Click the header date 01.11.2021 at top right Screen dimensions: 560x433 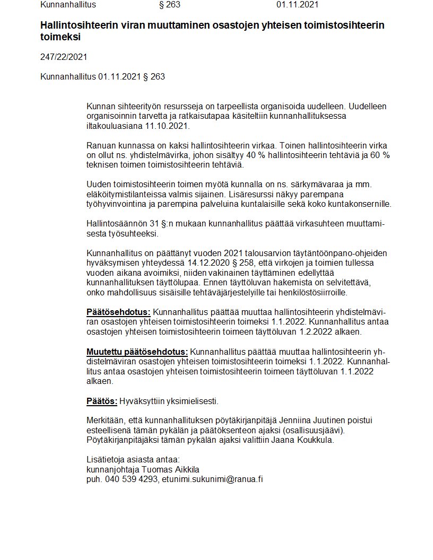pos(297,5)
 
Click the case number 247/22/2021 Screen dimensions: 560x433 pos(64,57)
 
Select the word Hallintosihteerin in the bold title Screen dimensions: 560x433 pos(75,25)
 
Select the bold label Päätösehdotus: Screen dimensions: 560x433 pos(118,312)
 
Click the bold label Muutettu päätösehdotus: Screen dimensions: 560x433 pos(137,352)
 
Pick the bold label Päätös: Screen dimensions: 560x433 pos(102,400)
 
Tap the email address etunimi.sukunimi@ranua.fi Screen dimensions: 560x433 pos(213,479)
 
